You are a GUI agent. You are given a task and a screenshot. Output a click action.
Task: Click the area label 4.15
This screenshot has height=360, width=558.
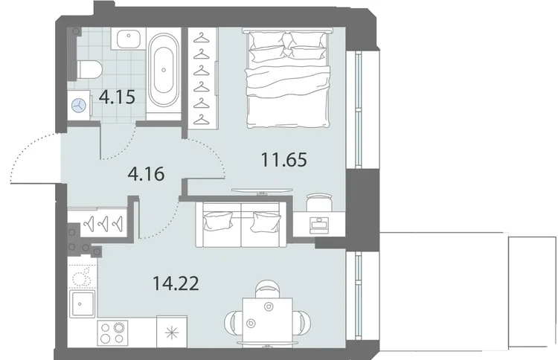pos(117,97)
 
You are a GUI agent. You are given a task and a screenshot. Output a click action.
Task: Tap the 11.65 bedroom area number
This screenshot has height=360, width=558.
pos(284,159)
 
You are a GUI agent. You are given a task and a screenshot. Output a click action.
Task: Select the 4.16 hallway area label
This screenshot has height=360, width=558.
pos(146,174)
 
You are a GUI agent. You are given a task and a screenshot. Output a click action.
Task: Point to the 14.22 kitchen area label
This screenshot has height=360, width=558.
pos(176,283)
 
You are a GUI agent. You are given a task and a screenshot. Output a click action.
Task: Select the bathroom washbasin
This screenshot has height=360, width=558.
pos(128,39)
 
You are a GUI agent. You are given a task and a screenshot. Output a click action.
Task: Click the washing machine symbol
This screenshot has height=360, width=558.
pos(79,105)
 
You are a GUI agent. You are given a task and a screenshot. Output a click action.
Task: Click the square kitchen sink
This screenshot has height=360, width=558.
pos(82,303)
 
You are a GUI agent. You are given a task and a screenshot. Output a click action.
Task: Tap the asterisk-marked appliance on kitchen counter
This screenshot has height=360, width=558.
pos(172,332)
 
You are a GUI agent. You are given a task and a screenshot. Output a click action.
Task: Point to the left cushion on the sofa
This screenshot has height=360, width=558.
pos(217,221)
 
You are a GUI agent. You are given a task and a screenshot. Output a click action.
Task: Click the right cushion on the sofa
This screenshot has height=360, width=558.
pos(265,221)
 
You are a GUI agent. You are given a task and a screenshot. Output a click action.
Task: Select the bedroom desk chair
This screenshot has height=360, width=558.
pos(319,202)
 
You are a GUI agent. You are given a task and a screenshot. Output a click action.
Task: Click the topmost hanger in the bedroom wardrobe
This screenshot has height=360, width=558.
pos(202,37)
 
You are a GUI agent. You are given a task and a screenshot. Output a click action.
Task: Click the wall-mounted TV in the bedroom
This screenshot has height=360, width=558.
pos(262,191)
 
